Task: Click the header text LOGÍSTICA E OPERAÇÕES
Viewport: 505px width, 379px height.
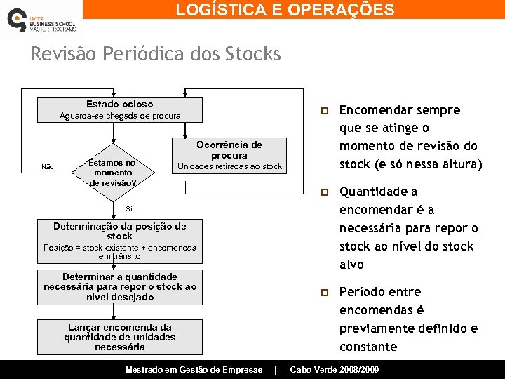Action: [285, 10]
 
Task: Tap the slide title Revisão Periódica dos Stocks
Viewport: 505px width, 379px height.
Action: [155, 54]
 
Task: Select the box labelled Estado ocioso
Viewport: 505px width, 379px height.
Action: [119, 109]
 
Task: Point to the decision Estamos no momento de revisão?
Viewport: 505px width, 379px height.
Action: [112, 173]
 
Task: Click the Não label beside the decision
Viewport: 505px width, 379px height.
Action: [48, 167]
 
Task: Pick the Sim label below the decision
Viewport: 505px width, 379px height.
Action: [132, 209]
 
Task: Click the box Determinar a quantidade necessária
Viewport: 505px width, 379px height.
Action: [119, 287]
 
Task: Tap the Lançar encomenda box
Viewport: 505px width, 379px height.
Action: [119, 336]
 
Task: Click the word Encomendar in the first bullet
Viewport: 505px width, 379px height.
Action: [370, 110]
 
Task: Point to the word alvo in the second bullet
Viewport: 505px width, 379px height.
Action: [351, 265]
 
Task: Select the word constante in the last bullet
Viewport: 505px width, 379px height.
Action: [368, 347]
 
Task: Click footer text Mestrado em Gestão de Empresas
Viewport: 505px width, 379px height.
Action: [194, 370]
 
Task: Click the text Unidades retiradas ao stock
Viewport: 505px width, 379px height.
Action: [229, 166]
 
